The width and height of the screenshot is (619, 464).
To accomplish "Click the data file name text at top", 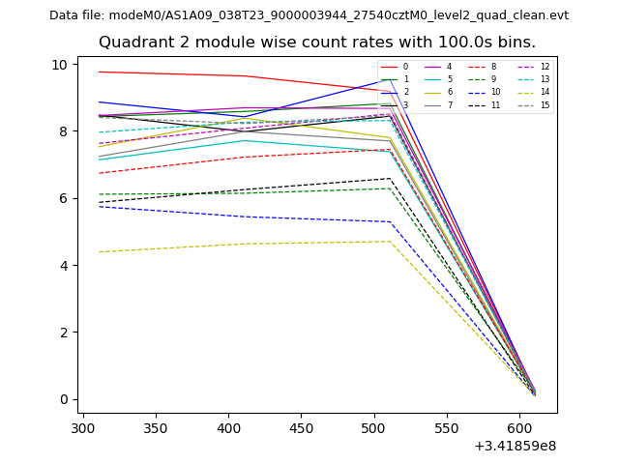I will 309,15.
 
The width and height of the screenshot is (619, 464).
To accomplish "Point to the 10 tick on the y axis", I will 60,65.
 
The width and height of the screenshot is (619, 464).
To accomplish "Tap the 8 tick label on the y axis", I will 64,131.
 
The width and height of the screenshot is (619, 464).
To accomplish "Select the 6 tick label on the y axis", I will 64,198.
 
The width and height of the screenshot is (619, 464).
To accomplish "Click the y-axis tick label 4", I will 64,265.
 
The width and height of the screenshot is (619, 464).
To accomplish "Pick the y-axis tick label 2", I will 64,333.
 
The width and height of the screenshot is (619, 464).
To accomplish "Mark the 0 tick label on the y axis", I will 64,399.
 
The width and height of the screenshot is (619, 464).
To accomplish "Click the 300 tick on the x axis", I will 83,426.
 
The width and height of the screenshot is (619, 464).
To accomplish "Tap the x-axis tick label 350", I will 156,426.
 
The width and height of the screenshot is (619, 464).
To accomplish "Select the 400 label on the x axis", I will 228,426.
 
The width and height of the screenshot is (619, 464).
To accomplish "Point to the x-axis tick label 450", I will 301,426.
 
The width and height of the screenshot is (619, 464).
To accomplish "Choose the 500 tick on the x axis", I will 373,426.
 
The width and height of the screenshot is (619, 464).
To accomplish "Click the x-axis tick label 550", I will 446,426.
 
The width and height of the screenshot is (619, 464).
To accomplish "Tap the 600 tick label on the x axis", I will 518,426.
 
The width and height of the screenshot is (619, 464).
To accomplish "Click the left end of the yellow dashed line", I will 100,252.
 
